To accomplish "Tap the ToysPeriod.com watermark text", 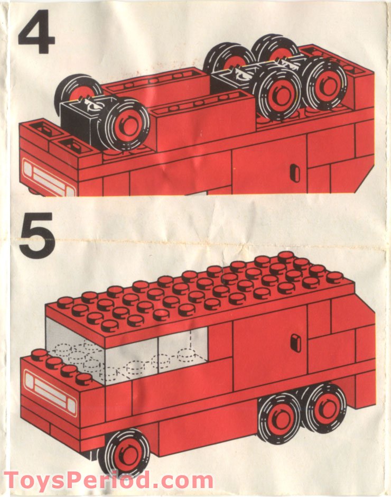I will coord(108,481).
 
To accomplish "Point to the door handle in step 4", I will coord(295,173).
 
